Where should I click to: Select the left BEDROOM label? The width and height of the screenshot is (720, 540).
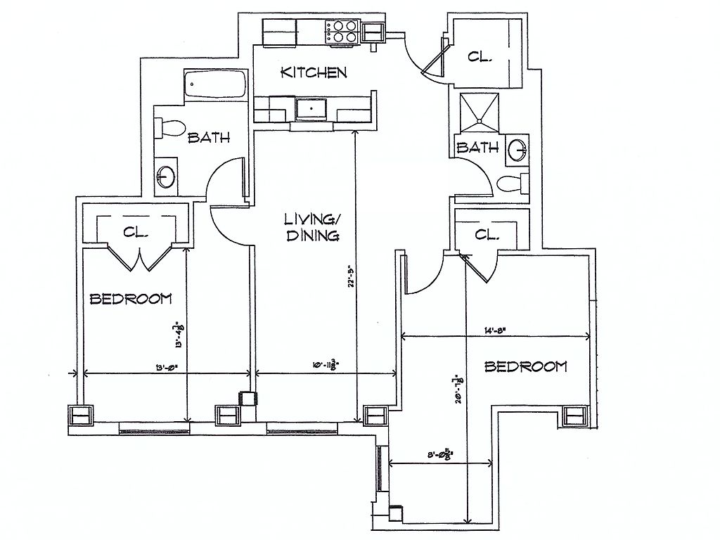pyautogui.click(x=131, y=299)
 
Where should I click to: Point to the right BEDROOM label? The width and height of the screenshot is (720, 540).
pyautogui.click(x=526, y=366)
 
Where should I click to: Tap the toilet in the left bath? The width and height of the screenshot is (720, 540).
pyautogui.click(x=169, y=128)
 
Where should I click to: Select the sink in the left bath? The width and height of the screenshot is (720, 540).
pyautogui.click(x=167, y=176)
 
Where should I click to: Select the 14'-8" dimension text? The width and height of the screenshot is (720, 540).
pyautogui.click(x=494, y=328)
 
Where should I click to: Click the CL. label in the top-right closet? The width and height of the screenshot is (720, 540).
pyautogui.click(x=481, y=57)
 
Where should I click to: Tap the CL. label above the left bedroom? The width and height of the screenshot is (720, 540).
pyautogui.click(x=135, y=231)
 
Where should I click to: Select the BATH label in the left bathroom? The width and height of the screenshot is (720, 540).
pyautogui.click(x=208, y=138)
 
